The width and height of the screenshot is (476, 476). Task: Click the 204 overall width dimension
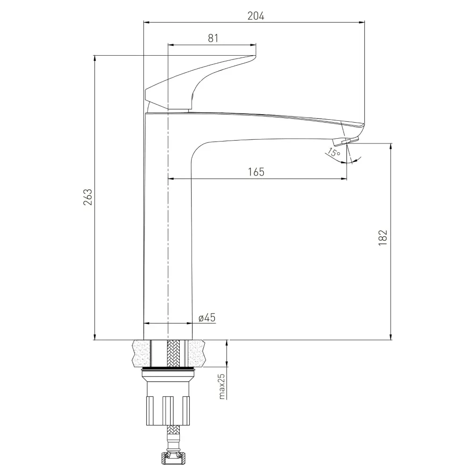click(256, 16)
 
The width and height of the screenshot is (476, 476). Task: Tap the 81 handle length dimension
click(213, 38)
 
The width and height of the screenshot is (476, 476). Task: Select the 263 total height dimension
click(88, 197)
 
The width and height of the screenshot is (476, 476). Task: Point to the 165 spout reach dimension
click(256, 172)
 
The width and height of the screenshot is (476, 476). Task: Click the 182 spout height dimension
click(383, 238)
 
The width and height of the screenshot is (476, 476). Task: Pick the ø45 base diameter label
click(207, 318)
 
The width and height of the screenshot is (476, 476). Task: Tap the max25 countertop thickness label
click(222, 386)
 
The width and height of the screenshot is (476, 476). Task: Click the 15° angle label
click(334, 152)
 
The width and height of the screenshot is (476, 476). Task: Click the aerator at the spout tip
click(346, 141)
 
